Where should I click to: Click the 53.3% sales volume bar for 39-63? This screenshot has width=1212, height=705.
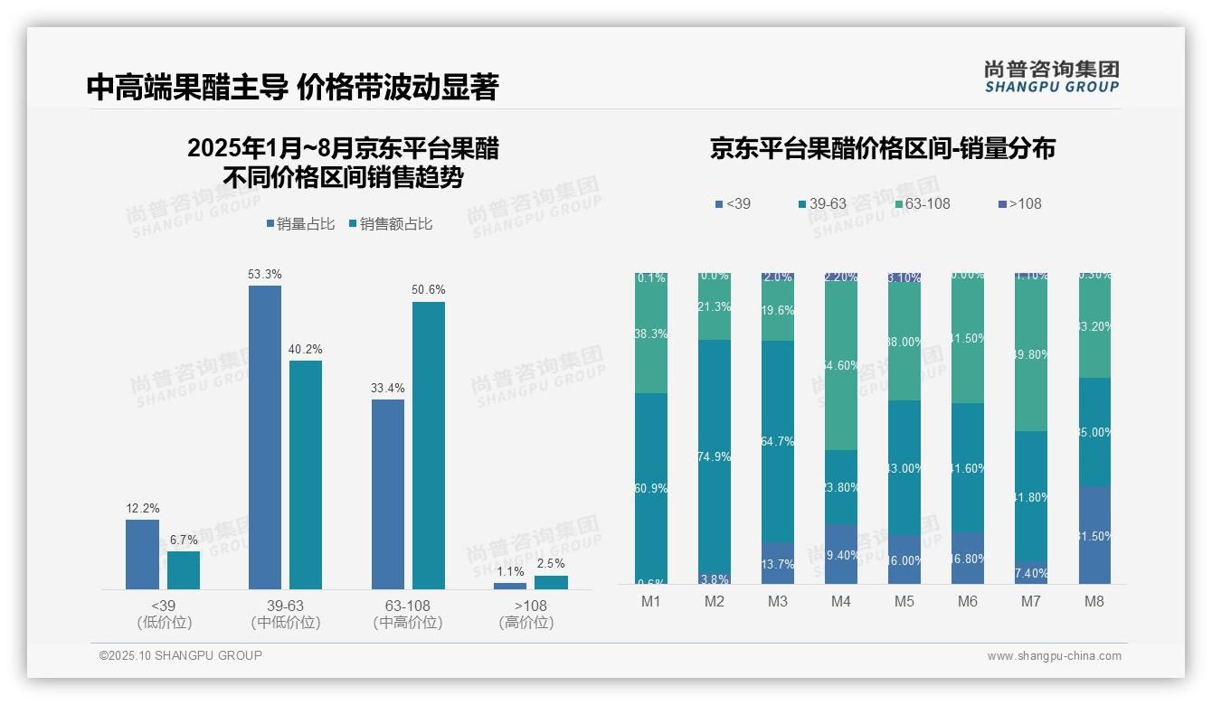(264, 437)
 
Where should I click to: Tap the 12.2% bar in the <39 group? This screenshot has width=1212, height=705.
(142, 553)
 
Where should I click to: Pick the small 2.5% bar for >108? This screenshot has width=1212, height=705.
(551, 582)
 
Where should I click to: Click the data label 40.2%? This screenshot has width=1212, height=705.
(306, 349)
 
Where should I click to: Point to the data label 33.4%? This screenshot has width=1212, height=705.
(388, 388)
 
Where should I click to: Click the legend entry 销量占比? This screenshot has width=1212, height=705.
(302, 224)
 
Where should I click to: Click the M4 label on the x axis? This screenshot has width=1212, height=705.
(841, 602)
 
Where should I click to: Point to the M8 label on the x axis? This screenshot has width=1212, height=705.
(1094, 602)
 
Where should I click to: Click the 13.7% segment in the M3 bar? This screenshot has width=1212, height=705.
(778, 563)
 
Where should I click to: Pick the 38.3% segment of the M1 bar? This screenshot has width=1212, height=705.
(651, 334)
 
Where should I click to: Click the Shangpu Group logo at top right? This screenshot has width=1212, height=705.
(1051, 76)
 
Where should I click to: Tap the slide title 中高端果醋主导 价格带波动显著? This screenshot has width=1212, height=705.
(292, 87)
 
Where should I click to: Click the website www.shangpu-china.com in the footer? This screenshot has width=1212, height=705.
(1054, 656)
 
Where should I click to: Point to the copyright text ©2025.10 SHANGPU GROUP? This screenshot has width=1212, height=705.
(181, 655)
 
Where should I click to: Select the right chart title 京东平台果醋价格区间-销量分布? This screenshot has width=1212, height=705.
(882, 148)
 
